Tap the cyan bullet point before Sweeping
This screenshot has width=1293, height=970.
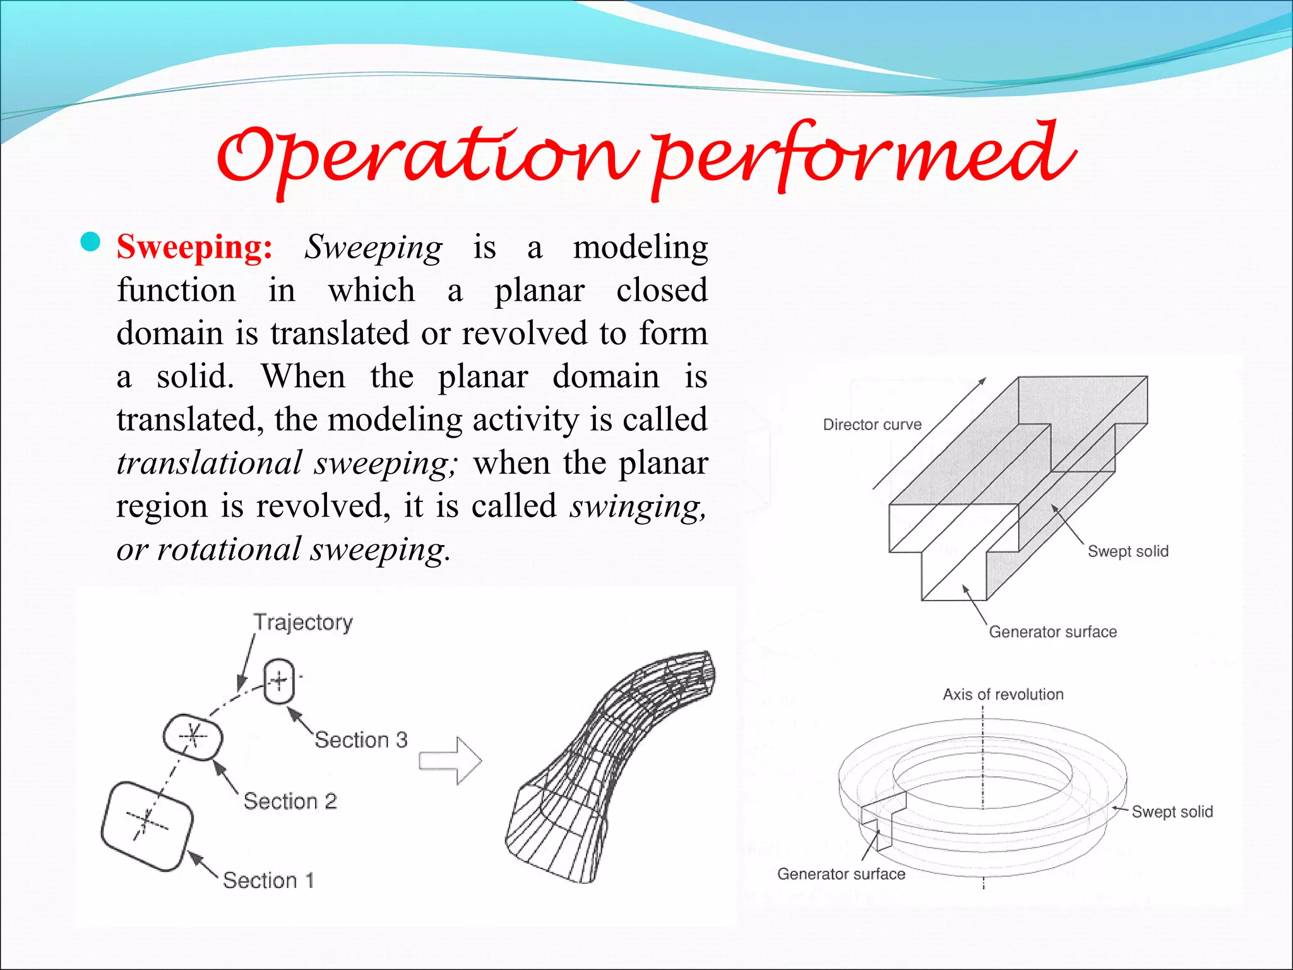[x=91, y=242]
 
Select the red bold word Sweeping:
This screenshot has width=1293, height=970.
[x=194, y=247]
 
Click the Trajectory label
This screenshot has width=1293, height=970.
[x=303, y=623]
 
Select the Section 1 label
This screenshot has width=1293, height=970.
[x=268, y=880]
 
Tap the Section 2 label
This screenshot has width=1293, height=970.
[x=290, y=801]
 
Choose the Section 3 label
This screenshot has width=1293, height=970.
[x=361, y=740]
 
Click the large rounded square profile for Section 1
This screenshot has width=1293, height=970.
[x=147, y=826]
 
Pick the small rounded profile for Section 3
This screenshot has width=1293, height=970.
[x=279, y=682]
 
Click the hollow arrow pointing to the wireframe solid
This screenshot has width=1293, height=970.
[x=450, y=760]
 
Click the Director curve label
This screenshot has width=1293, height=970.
[x=872, y=425]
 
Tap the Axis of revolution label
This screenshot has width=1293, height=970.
[x=1003, y=695]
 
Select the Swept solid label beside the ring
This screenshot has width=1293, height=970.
[x=1172, y=812]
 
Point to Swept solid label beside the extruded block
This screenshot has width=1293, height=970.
[x=1128, y=551]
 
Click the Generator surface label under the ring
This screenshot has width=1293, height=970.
[x=841, y=874]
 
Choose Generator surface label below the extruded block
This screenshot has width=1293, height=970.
[x=1052, y=632]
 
